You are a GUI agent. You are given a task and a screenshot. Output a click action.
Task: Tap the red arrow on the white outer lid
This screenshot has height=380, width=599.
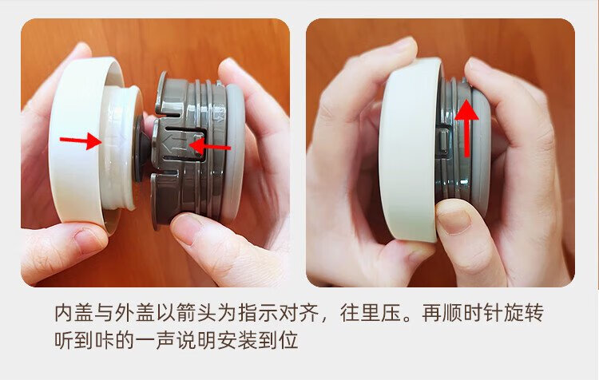[81, 141]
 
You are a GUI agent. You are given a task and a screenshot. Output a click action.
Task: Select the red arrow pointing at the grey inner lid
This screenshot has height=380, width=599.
[210, 146]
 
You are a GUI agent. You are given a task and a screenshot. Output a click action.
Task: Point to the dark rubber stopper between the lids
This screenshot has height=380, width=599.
[141, 148]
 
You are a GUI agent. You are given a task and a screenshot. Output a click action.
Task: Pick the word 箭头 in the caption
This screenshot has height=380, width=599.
[196, 313]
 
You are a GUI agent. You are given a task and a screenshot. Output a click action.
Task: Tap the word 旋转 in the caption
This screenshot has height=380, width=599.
[523, 313]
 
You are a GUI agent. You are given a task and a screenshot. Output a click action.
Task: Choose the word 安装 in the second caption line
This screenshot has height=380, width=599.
[237, 339]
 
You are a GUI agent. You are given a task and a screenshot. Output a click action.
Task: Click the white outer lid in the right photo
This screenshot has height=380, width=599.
[410, 149]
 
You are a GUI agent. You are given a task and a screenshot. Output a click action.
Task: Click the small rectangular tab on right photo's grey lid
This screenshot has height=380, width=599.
[443, 142]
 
